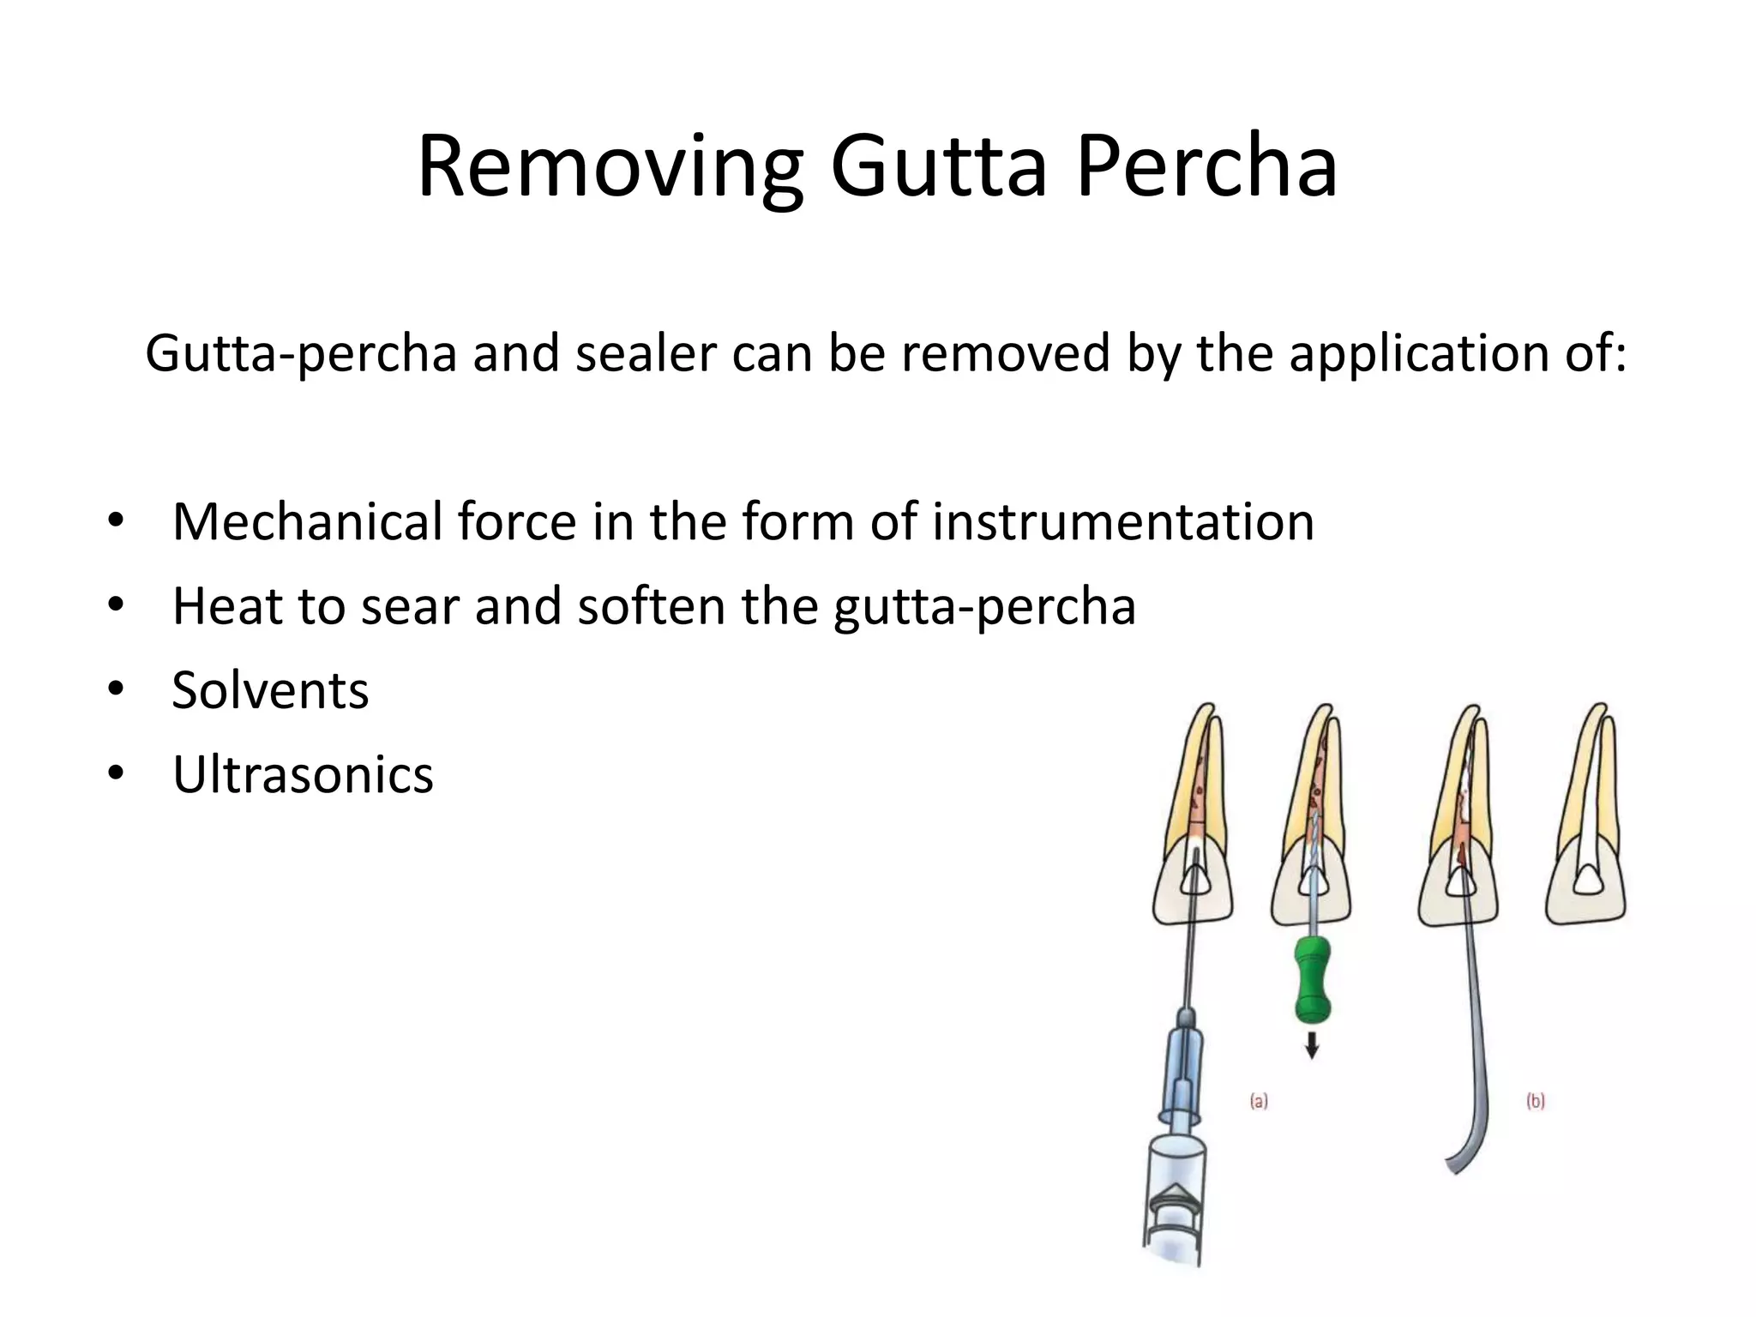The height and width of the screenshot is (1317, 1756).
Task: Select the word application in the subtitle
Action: click(1406, 352)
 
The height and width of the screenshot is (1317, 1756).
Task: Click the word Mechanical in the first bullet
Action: click(306, 521)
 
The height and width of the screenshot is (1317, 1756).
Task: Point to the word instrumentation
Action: click(1122, 521)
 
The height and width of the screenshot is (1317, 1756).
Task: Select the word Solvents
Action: click(270, 689)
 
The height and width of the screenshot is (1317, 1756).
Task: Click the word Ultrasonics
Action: click(303, 774)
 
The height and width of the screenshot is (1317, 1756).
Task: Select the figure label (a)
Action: click(1258, 1101)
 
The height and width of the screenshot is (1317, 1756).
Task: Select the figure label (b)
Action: click(1535, 1101)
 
